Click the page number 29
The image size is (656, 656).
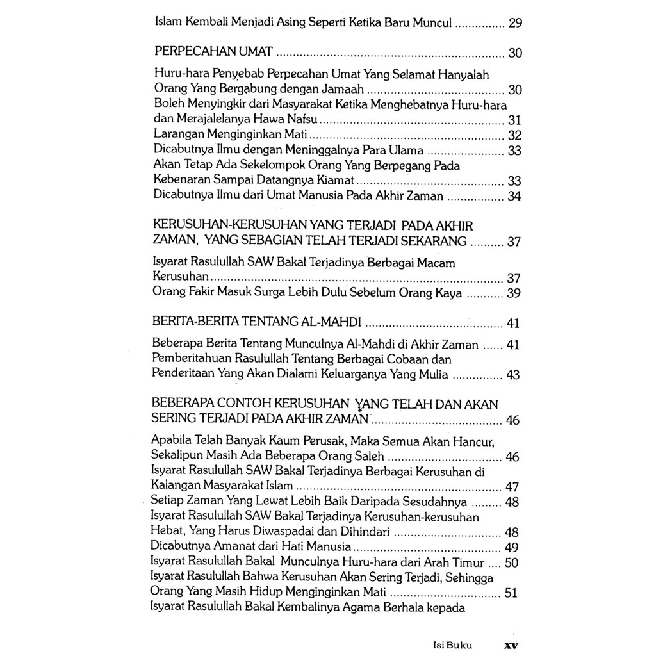(515, 24)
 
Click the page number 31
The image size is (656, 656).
(514, 120)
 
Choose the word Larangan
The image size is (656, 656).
(177, 135)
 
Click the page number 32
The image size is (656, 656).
(514, 135)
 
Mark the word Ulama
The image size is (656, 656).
(406, 150)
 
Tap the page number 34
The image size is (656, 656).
(514, 196)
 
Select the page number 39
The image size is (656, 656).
(514, 293)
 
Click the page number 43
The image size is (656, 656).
(513, 375)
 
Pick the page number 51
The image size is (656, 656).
(511, 593)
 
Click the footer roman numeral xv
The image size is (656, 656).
(511, 646)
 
